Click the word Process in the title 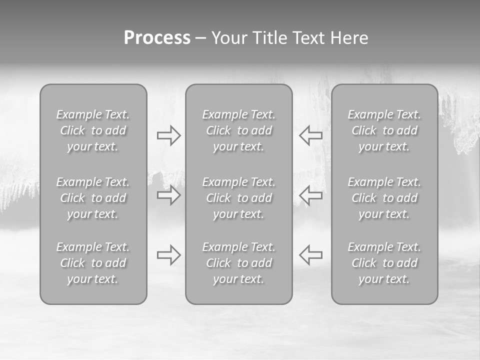click(x=157, y=38)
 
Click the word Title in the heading click(x=269, y=38)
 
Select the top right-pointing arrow click(x=168, y=135)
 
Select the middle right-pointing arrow click(x=168, y=195)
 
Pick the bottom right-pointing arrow click(x=168, y=255)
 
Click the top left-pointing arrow click(x=310, y=135)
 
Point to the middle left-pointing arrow click(x=310, y=195)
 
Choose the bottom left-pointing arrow click(x=310, y=255)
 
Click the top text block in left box click(x=93, y=130)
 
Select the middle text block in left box click(x=93, y=198)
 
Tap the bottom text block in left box click(x=93, y=263)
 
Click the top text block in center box click(x=239, y=130)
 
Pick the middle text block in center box click(x=239, y=198)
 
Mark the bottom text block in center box click(x=239, y=263)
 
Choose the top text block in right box click(x=384, y=130)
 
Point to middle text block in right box click(x=384, y=198)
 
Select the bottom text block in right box click(x=384, y=263)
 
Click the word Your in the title click(x=229, y=38)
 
